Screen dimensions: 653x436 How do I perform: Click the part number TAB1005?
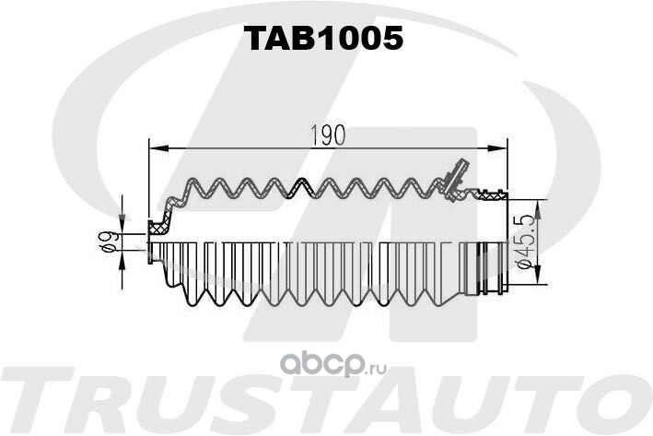click(x=323, y=38)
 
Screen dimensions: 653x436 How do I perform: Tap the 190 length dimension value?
click(x=328, y=136)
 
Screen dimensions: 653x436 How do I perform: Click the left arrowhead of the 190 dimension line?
click(x=158, y=148)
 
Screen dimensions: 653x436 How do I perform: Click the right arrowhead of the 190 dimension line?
click(x=497, y=148)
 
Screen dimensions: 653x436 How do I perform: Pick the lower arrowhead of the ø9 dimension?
click(x=122, y=259)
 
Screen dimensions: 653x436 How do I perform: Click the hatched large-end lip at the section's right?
click(x=493, y=194)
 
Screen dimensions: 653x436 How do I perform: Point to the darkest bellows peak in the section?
click(x=301, y=183)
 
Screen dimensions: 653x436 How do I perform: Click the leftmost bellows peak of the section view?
click(x=193, y=183)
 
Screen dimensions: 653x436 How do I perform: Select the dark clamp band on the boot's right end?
click(x=484, y=267)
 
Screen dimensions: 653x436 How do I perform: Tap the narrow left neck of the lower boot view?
click(x=156, y=253)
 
